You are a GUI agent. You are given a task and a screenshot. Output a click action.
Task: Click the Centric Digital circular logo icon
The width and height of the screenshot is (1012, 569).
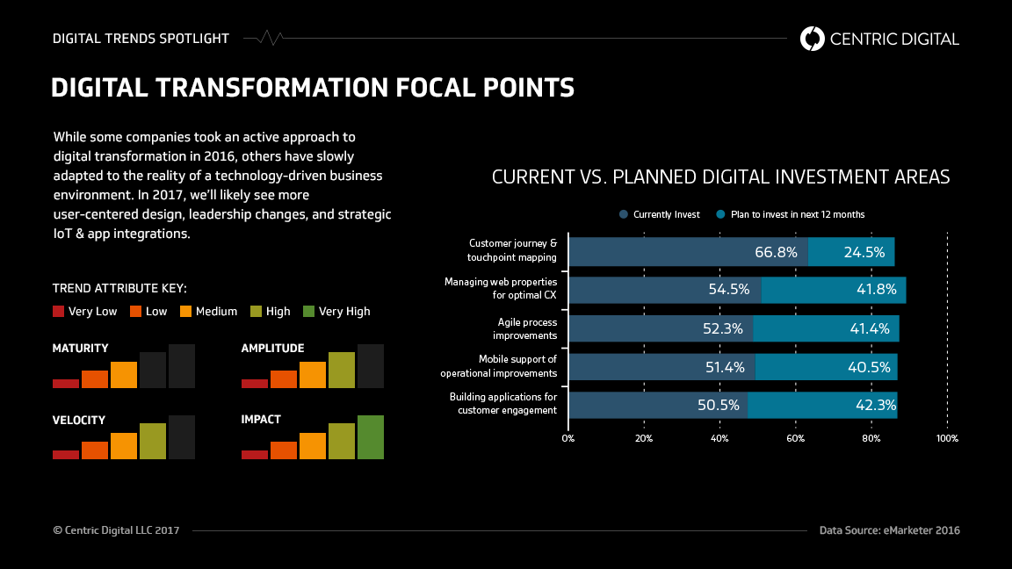[x=813, y=39]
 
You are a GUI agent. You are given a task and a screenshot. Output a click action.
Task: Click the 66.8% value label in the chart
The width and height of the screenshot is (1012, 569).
[x=776, y=252]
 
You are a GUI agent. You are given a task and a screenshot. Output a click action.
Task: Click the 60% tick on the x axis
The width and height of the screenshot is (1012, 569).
[x=796, y=437]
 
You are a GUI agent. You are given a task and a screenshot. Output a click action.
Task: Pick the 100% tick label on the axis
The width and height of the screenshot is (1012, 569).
[x=947, y=437]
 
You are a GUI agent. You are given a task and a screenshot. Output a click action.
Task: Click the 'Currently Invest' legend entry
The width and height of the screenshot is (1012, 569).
[x=660, y=214]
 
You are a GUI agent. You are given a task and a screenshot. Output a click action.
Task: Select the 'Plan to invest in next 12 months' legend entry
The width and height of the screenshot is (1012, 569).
[x=791, y=214]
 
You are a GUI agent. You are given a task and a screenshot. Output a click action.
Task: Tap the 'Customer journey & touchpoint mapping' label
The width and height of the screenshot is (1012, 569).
[x=512, y=250]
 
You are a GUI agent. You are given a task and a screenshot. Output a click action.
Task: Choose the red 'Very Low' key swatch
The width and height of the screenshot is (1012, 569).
[x=59, y=311]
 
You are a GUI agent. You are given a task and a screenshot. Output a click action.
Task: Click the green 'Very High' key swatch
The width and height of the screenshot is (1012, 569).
[x=308, y=311]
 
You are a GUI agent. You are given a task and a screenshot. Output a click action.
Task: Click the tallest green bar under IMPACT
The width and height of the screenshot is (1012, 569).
[x=371, y=436]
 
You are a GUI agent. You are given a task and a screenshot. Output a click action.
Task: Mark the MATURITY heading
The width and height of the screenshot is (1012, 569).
[x=81, y=349]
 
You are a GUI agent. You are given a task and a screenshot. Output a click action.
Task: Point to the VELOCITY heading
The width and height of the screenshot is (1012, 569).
[x=79, y=420]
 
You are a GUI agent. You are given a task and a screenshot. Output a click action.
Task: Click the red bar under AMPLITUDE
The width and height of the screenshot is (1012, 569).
[x=255, y=383]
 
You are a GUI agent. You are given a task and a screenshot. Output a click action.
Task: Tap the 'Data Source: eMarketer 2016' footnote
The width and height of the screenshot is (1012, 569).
[x=889, y=530]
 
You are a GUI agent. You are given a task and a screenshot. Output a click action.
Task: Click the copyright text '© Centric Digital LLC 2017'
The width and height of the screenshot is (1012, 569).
[x=116, y=530]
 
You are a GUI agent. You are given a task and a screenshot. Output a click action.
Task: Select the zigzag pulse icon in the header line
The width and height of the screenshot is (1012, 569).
[x=271, y=39]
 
